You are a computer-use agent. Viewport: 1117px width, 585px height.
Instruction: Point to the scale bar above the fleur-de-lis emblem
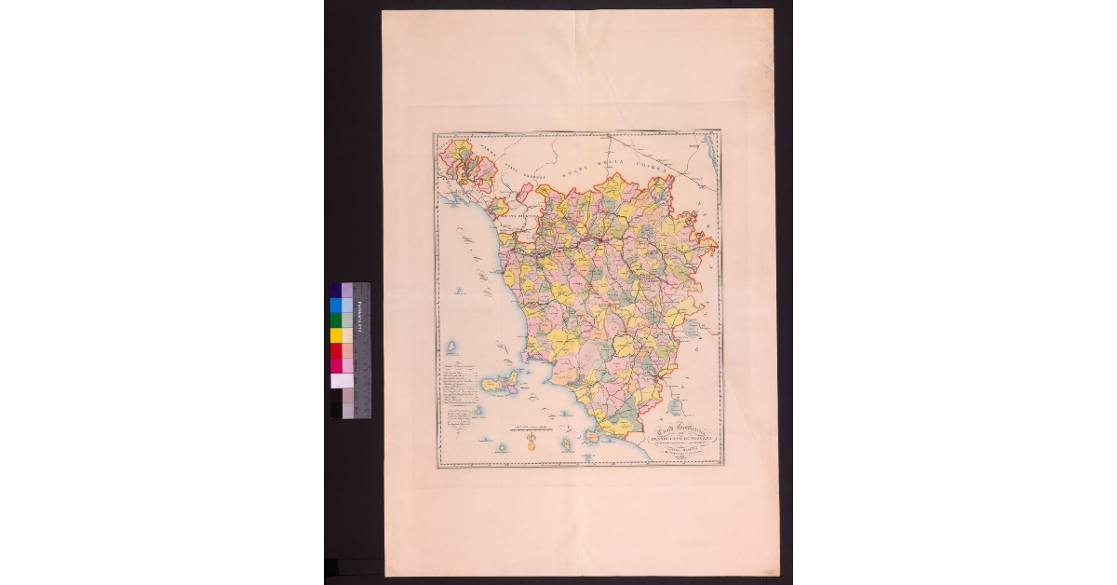(x=532, y=429)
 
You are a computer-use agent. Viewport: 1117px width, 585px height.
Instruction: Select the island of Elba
(x=500, y=384)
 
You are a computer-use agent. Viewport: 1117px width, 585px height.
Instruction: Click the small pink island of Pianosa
(x=478, y=411)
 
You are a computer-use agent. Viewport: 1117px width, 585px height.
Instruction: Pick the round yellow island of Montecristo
(x=502, y=447)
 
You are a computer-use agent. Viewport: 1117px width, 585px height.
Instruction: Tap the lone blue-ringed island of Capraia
(x=451, y=347)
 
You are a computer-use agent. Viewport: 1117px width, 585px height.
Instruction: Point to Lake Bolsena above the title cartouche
(x=675, y=407)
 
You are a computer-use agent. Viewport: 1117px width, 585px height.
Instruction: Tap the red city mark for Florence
(x=600, y=239)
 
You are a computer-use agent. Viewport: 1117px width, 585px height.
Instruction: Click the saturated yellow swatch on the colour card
(x=335, y=335)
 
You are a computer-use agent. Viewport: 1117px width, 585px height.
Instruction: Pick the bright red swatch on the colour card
(x=335, y=349)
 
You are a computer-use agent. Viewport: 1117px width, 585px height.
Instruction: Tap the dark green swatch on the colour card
(x=335, y=320)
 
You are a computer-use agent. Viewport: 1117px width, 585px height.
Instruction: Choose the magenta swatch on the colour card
(x=335, y=365)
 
